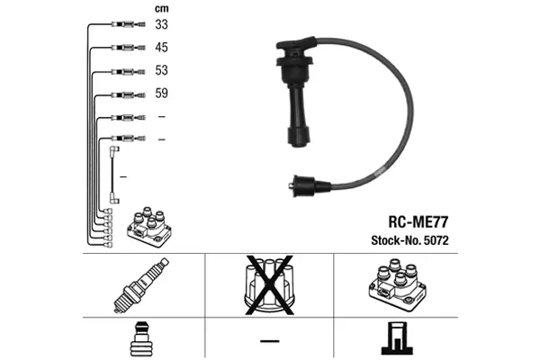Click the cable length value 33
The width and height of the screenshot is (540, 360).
pyautogui.click(x=161, y=24)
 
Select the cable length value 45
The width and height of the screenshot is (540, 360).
pyautogui.click(x=161, y=47)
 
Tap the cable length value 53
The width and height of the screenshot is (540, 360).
pyautogui.click(x=161, y=70)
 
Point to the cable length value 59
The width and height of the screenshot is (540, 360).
pyautogui.click(x=161, y=93)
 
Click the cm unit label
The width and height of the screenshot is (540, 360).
pyautogui.click(x=161, y=9)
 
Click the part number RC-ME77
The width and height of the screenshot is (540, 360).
pyautogui.click(x=418, y=222)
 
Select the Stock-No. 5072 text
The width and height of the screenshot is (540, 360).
pyautogui.click(x=409, y=240)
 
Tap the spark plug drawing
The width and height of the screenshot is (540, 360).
pyautogui.click(x=141, y=285)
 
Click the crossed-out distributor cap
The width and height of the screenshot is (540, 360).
pyautogui.click(x=269, y=285)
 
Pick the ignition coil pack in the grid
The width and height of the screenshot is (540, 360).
pyautogui.click(x=398, y=285)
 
